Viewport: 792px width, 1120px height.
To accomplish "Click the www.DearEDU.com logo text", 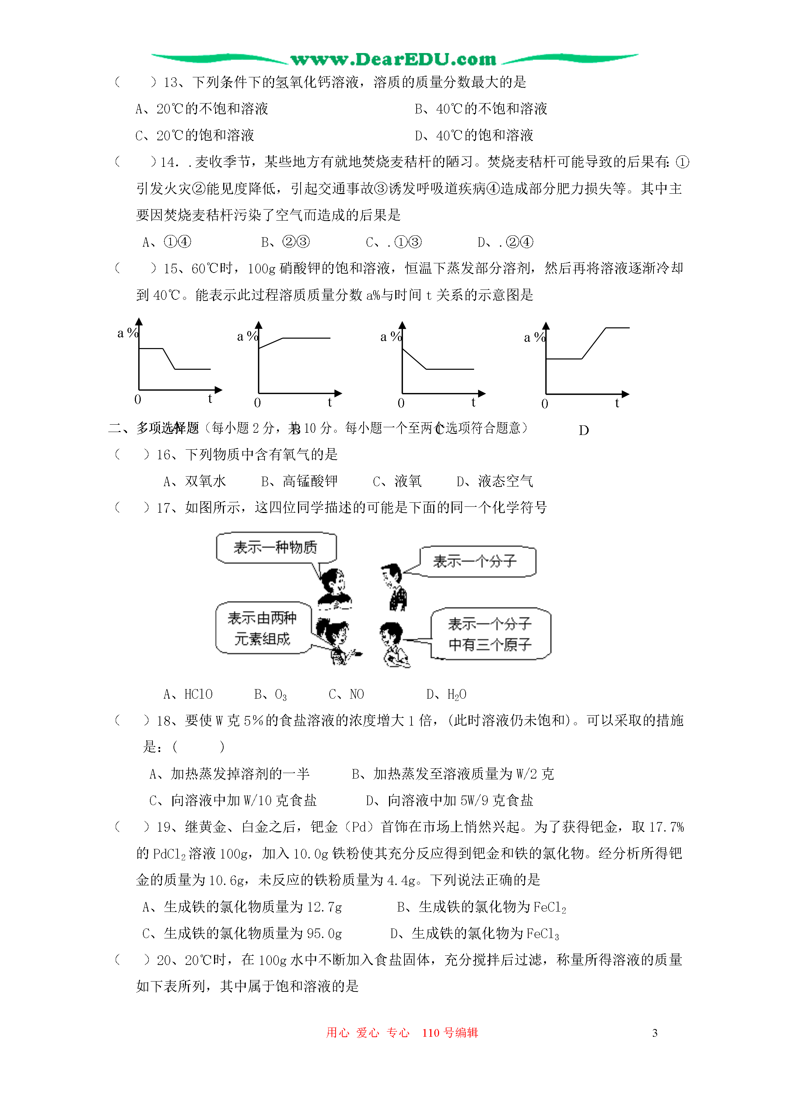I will [393, 60].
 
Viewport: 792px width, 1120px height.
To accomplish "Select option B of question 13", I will [481, 109].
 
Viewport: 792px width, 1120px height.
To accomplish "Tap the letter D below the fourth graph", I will [584, 430].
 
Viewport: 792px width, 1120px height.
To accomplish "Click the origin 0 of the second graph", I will [257, 403].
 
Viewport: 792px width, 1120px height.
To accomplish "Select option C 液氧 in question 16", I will [397, 481].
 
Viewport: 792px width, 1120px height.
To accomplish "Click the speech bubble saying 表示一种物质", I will [276, 547].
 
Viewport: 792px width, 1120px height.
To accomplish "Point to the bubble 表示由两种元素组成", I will [263, 628].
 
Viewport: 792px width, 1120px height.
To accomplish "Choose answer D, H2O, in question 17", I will [446, 694].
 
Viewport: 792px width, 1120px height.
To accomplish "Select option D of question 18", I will [449, 800].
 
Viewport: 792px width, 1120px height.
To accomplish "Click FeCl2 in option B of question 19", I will [550, 907].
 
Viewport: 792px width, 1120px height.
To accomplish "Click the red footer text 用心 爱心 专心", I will [368, 1033].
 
